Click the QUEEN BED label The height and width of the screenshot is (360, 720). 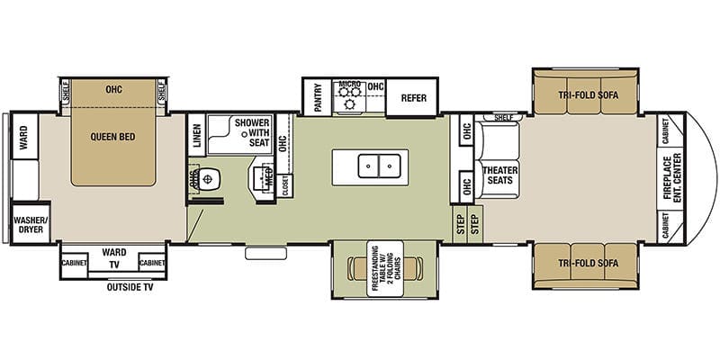pyautogui.click(x=113, y=138)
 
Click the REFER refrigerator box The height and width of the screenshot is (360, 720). pyautogui.click(x=413, y=98)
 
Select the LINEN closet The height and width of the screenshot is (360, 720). pyautogui.click(x=196, y=135)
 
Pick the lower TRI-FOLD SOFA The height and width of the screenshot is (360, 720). pyautogui.click(x=587, y=264)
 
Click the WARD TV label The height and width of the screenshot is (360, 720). pyautogui.click(x=113, y=258)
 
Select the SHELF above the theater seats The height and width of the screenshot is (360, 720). pyautogui.click(x=502, y=118)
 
